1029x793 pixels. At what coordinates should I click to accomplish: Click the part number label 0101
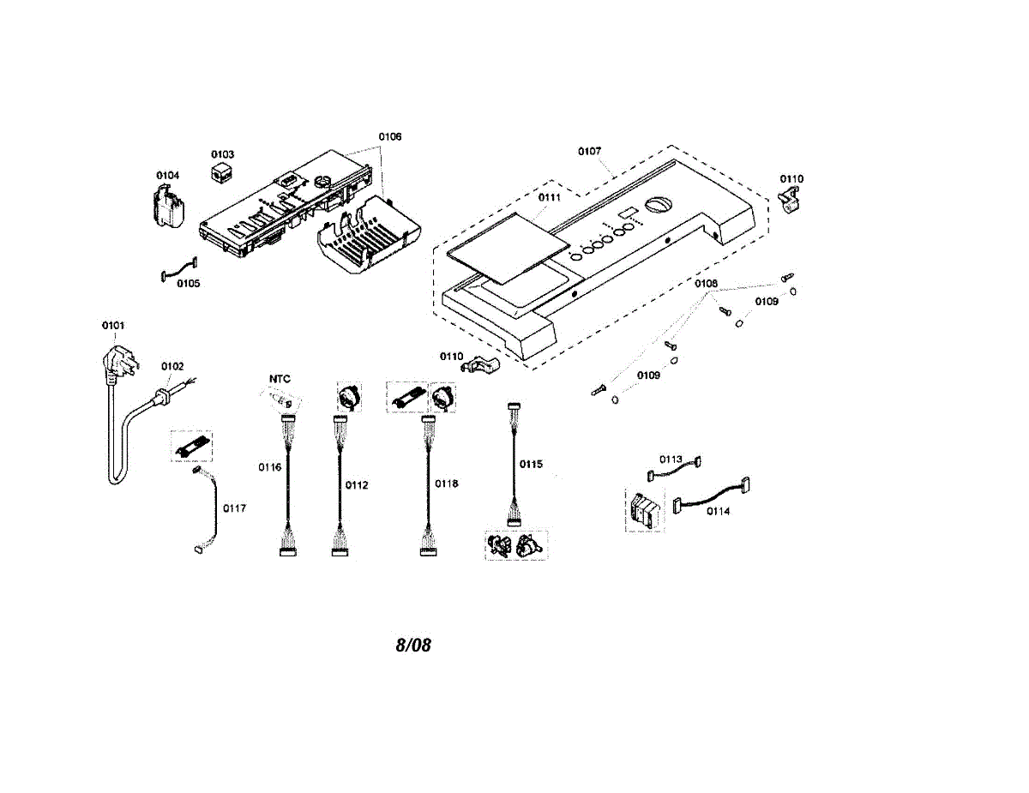point(113,326)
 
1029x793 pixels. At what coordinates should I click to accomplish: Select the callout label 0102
point(172,367)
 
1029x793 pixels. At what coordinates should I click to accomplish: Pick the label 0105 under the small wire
point(189,284)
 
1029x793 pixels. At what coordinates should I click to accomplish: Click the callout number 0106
point(390,137)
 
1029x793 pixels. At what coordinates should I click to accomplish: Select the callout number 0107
point(589,152)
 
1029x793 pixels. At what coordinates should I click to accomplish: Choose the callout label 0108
point(707,284)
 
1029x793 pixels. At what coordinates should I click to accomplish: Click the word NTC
point(280,379)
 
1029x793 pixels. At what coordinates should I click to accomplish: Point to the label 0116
point(269,467)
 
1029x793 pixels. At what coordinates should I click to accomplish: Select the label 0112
point(357,485)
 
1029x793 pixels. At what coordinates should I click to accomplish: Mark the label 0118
point(447,484)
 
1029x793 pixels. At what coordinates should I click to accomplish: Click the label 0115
point(531,464)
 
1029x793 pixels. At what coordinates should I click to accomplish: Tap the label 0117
point(235,508)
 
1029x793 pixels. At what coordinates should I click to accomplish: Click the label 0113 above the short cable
point(671,460)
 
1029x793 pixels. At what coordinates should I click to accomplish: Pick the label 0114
point(719,511)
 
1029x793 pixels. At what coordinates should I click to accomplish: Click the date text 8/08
point(413,646)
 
